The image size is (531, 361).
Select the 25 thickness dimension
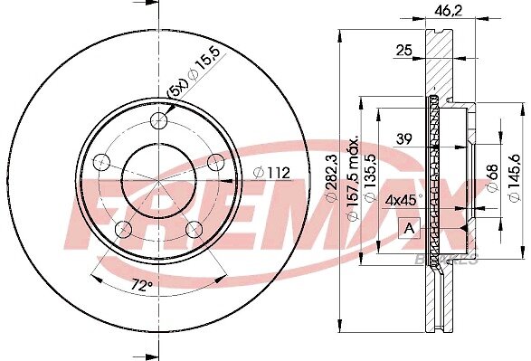pyautogui.click(x=404, y=50)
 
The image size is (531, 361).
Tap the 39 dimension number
pyautogui.click(x=404, y=138)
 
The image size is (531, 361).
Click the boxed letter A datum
pyautogui.click(x=410, y=228)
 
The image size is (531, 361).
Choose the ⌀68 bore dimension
pyautogui.click(x=493, y=178)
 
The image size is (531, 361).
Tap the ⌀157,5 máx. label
pyautogui.click(x=353, y=178)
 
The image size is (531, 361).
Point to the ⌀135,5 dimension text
pyautogui.click(x=371, y=178)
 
